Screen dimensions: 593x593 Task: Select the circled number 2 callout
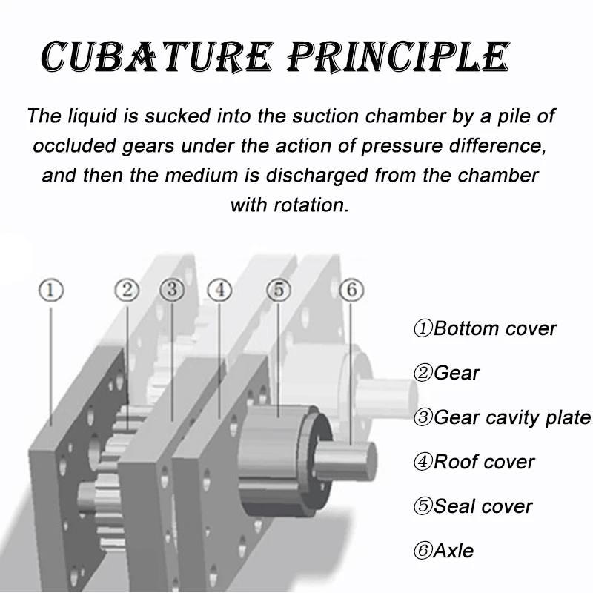tap(127, 290)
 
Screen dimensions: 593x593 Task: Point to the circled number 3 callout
tap(171, 290)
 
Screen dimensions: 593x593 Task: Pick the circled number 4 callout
tap(219, 290)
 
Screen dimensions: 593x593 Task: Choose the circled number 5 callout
tap(279, 290)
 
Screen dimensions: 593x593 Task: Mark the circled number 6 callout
tap(351, 290)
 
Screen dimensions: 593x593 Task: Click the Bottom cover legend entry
tap(485, 328)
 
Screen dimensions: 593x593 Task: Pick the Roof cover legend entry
tap(474, 462)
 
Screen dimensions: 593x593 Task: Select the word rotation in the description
tap(308, 205)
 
